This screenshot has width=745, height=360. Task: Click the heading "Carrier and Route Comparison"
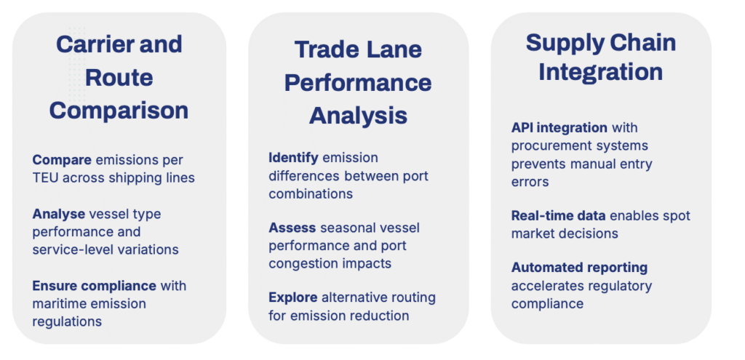tap(119, 77)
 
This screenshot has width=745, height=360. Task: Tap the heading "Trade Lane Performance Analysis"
tap(358, 83)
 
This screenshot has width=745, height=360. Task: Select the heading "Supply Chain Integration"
tap(600, 57)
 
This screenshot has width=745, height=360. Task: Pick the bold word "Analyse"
tap(58, 215)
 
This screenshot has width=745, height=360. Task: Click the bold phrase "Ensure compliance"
tap(94, 286)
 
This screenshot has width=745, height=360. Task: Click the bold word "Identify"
tap(293, 158)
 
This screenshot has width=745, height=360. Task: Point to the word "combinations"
tap(311, 193)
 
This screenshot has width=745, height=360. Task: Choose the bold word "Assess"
tap(292, 228)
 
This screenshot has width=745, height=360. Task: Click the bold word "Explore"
tap(292, 297)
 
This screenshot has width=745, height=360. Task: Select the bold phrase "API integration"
tap(559, 128)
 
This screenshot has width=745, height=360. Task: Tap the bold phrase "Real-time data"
tap(558, 216)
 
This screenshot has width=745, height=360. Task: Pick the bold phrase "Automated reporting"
tap(579, 268)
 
